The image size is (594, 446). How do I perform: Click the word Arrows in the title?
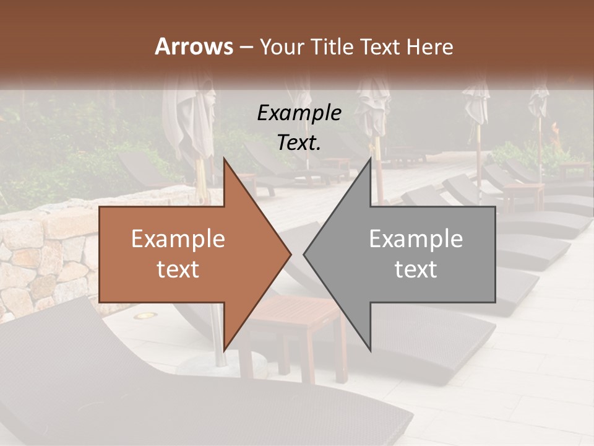[x=194, y=46]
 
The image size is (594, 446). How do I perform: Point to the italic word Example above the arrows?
[x=299, y=113]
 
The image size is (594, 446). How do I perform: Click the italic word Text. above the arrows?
[x=299, y=142]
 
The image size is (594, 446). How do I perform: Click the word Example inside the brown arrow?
[x=178, y=239]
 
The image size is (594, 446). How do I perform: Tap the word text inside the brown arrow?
[x=178, y=269]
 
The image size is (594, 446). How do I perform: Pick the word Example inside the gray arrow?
[x=416, y=239]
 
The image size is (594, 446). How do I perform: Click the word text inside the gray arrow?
[x=416, y=269]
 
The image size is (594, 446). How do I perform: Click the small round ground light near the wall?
[x=145, y=315]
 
